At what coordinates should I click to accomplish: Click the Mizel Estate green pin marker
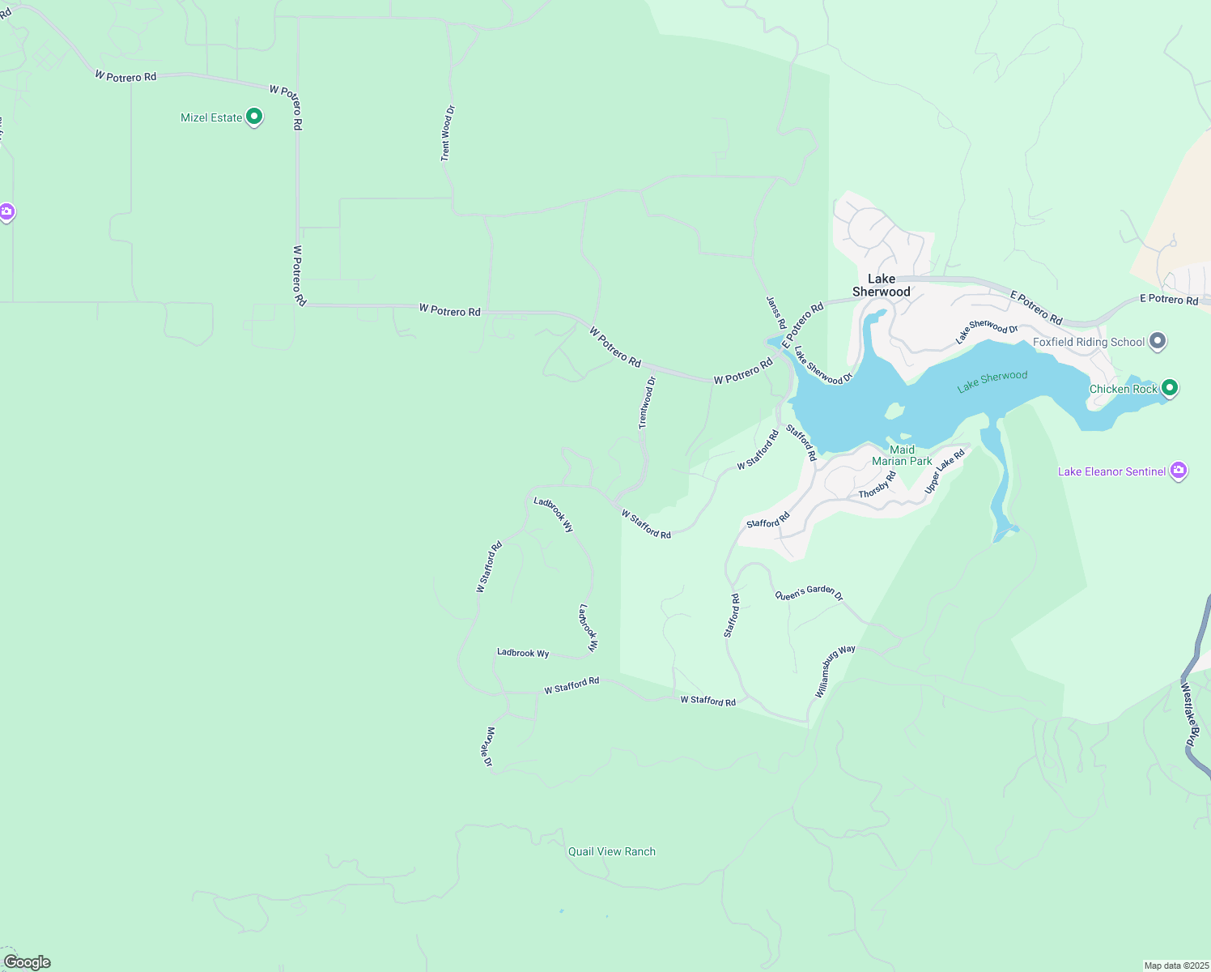[x=254, y=117]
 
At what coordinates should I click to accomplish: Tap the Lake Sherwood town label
[x=882, y=285]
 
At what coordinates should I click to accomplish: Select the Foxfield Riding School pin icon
[x=1158, y=342]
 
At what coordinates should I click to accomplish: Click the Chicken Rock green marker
[x=1169, y=389]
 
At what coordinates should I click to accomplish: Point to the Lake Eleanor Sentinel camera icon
[x=1179, y=471]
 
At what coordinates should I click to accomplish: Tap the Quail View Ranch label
[x=612, y=851]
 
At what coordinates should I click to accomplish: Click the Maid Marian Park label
[x=902, y=455]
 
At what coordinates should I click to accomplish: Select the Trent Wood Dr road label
[x=447, y=133]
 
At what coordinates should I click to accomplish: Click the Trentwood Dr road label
[x=647, y=403]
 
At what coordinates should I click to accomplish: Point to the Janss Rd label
[x=775, y=313]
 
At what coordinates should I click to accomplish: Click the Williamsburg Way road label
[x=835, y=671]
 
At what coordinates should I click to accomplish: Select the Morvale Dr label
[x=488, y=747]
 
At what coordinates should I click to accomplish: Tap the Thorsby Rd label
[x=877, y=485]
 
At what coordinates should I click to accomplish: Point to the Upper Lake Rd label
[x=945, y=471]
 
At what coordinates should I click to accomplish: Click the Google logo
[x=28, y=962]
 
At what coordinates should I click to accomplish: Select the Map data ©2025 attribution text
[x=1175, y=966]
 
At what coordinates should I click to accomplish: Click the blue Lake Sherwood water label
[x=992, y=381]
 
